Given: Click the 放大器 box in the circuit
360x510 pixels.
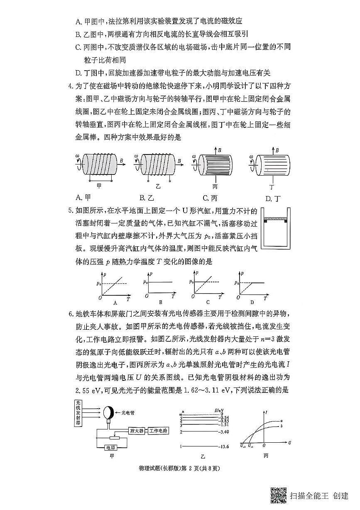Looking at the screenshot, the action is tap(137, 431).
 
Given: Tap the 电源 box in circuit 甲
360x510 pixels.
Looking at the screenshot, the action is tap(111, 448).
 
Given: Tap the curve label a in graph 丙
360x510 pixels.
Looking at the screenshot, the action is tap(282, 421).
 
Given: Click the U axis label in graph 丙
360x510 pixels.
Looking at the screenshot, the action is tap(289, 443).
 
